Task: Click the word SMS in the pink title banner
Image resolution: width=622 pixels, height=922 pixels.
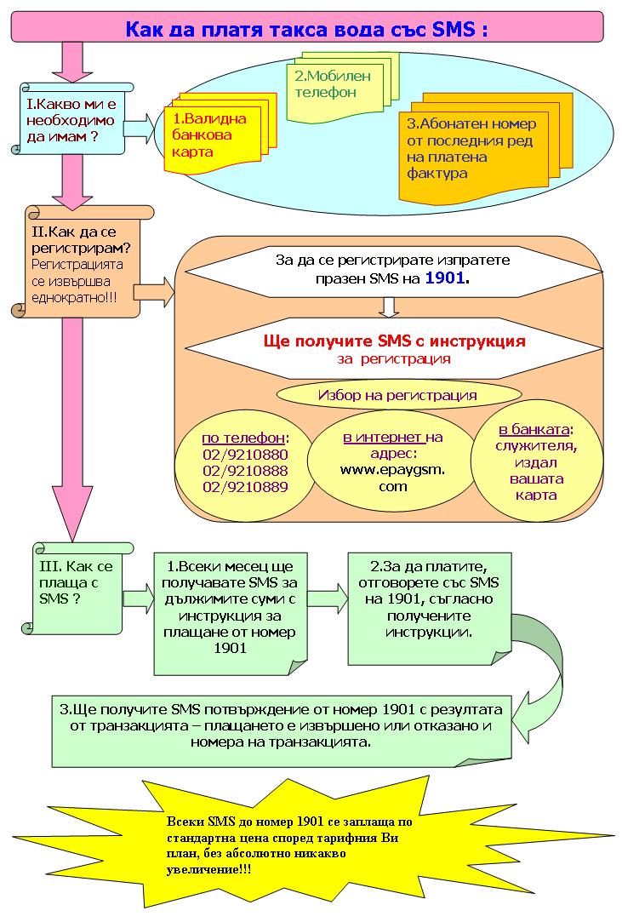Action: pos(454,29)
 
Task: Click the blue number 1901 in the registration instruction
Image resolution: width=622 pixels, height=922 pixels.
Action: pos(445,278)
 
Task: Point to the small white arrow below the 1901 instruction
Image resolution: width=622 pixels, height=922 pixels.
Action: pos(389,307)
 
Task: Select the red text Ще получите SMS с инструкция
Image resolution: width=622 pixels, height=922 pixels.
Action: pos(394,341)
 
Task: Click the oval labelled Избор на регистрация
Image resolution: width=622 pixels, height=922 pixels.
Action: pos(398,395)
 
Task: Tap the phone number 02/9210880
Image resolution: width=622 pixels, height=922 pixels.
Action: pos(245,455)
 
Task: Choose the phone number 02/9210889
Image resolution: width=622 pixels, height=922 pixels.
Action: pos(245,487)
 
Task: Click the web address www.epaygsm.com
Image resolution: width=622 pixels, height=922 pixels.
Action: pos(392,478)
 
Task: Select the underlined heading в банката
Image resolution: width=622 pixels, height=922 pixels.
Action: pos(534,429)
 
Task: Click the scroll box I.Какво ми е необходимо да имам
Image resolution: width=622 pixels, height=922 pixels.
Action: pos(71,119)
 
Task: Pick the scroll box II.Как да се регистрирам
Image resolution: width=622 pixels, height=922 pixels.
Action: pos(83,262)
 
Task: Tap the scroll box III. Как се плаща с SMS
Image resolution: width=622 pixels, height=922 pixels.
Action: pos(77,588)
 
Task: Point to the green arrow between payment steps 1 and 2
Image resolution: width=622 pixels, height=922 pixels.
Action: pos(328,598)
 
